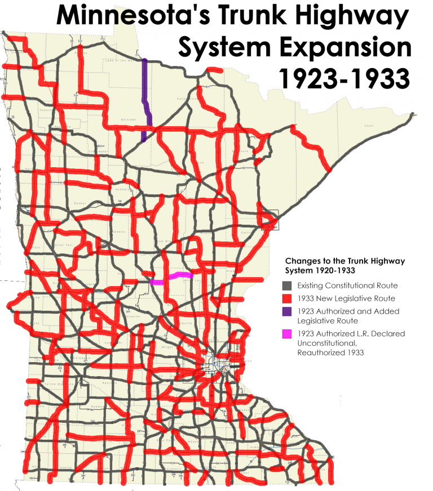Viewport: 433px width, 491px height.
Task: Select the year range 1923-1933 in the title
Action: point(345,79)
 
